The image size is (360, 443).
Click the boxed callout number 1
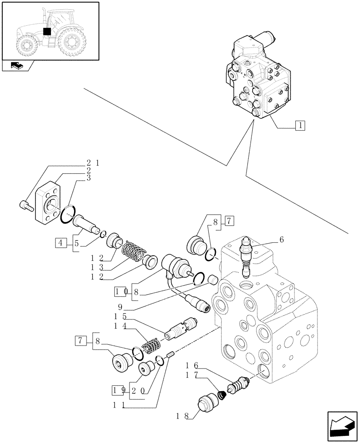(300, 125)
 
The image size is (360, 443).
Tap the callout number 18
(180, 416)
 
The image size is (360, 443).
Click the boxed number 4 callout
(61, 242)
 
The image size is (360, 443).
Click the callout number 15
(119, 316)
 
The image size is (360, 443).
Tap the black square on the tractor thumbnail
(47, 31)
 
